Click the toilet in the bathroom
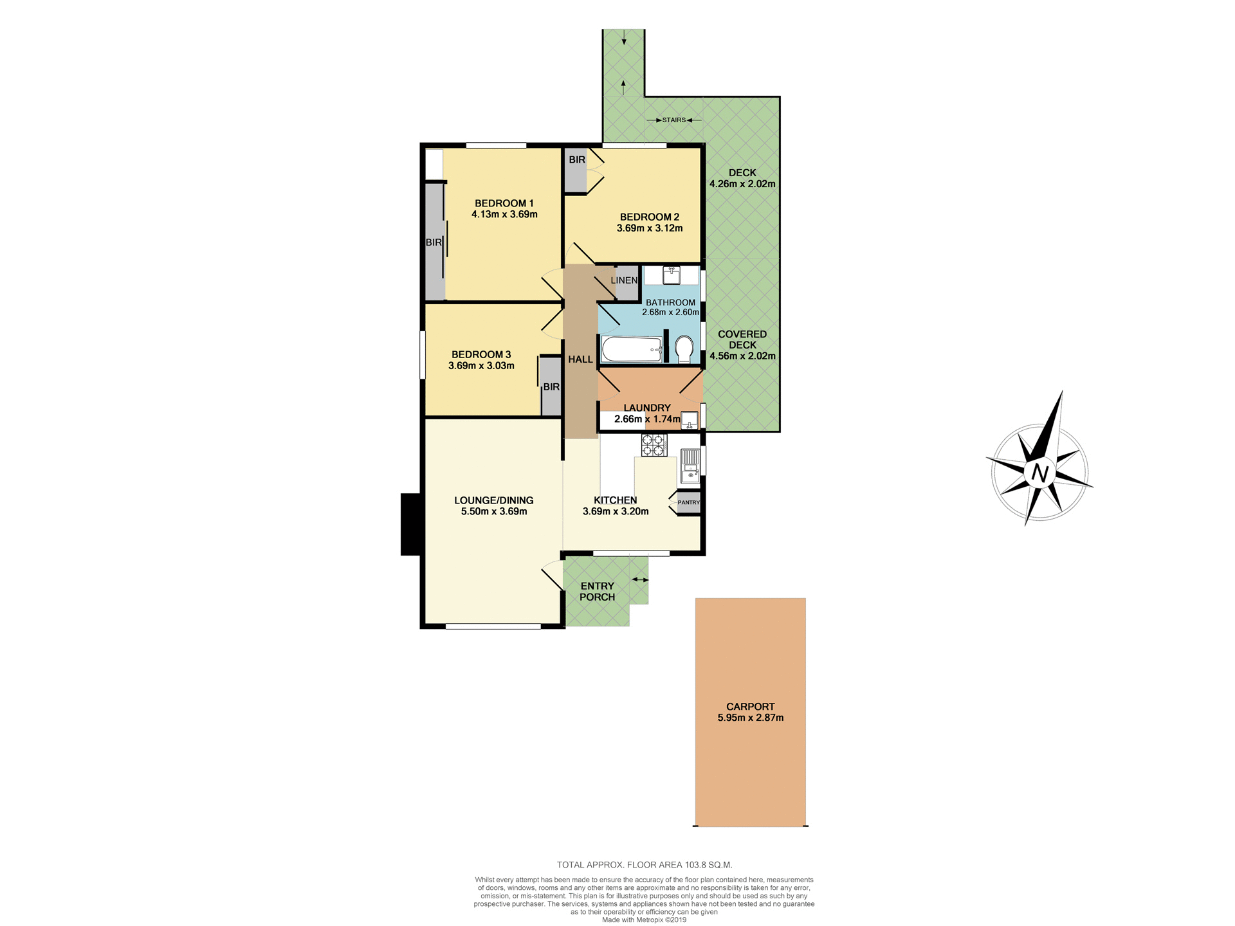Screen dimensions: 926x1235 pos(684,350)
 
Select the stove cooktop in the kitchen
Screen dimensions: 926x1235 pos(654,445)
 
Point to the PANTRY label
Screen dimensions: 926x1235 pos(688,502)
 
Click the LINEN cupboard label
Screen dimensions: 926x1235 pos(624,280)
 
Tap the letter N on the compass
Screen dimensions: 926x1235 pos(1039,473)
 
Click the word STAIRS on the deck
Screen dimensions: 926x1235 pos(674,120)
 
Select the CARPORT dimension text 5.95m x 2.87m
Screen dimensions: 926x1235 pos(750,718)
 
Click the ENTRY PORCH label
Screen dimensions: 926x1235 pos(597,591)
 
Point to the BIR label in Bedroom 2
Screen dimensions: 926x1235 pos(577,159)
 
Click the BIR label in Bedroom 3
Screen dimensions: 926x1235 pos(551,387)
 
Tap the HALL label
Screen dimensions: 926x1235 pos(580,359)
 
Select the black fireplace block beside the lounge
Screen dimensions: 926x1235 pos(410,524)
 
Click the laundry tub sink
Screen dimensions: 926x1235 pos(689,420)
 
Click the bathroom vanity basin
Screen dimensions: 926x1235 pos(672,275)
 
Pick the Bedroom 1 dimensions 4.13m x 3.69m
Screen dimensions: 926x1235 pos(504,214)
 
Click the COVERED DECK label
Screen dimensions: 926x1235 pos(742,340)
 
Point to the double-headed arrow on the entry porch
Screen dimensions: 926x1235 pos(639,580)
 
